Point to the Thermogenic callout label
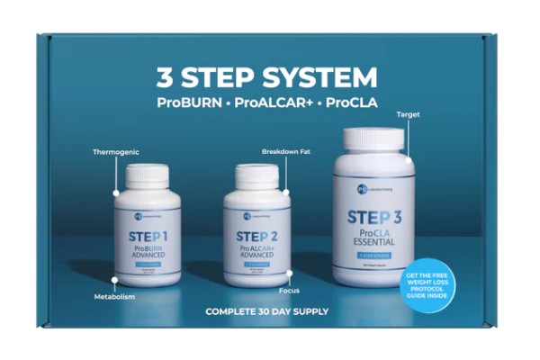116,152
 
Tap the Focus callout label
289,292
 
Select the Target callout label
408,114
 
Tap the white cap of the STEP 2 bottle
256,176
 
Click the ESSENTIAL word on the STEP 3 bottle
373,241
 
